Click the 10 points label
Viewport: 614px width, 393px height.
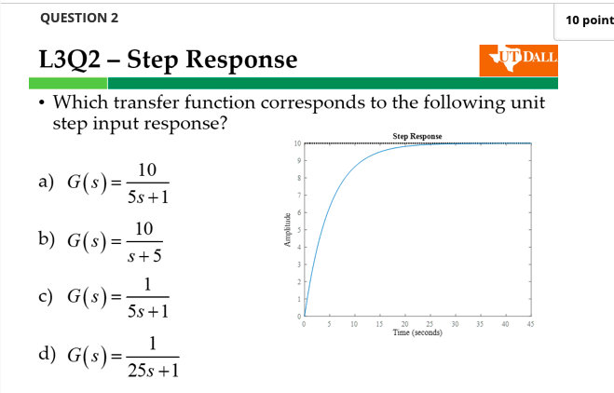click(x=589, y=20)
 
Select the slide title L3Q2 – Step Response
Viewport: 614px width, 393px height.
click(x=168, y=61)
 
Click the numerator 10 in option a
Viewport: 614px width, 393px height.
click(x=145, y=169)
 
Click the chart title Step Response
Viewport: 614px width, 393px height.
click(x=417, y=136)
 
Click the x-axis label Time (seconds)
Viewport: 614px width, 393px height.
click(x=417, y=332)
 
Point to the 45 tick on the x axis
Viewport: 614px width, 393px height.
click(x=530, y=324)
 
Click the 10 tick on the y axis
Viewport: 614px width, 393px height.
click(x=295, y=144)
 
